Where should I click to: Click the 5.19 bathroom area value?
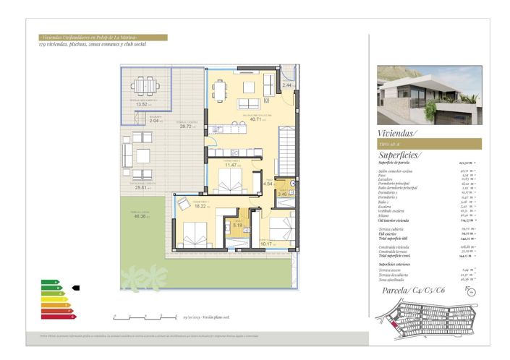coord(236,226)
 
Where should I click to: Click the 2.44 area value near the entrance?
coord(287,85)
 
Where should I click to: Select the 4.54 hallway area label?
coord(268,184)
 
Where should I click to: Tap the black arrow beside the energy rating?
coord(76,288)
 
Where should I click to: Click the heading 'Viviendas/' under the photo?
coord(398,133)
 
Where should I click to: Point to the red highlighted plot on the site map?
coord(394,325)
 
